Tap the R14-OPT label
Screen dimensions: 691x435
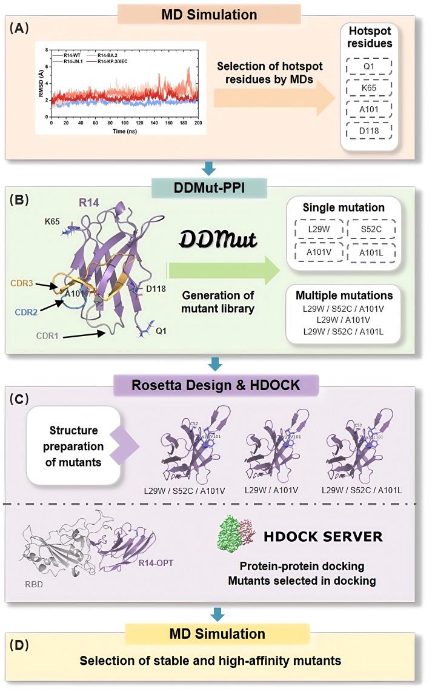point(156,563)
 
